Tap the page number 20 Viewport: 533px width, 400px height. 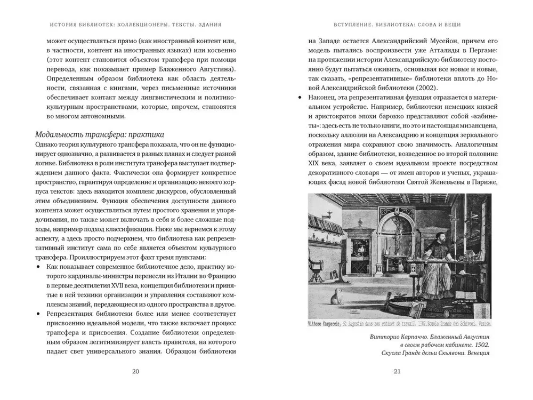(135, 371)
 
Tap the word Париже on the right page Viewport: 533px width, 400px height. (483, 183)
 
